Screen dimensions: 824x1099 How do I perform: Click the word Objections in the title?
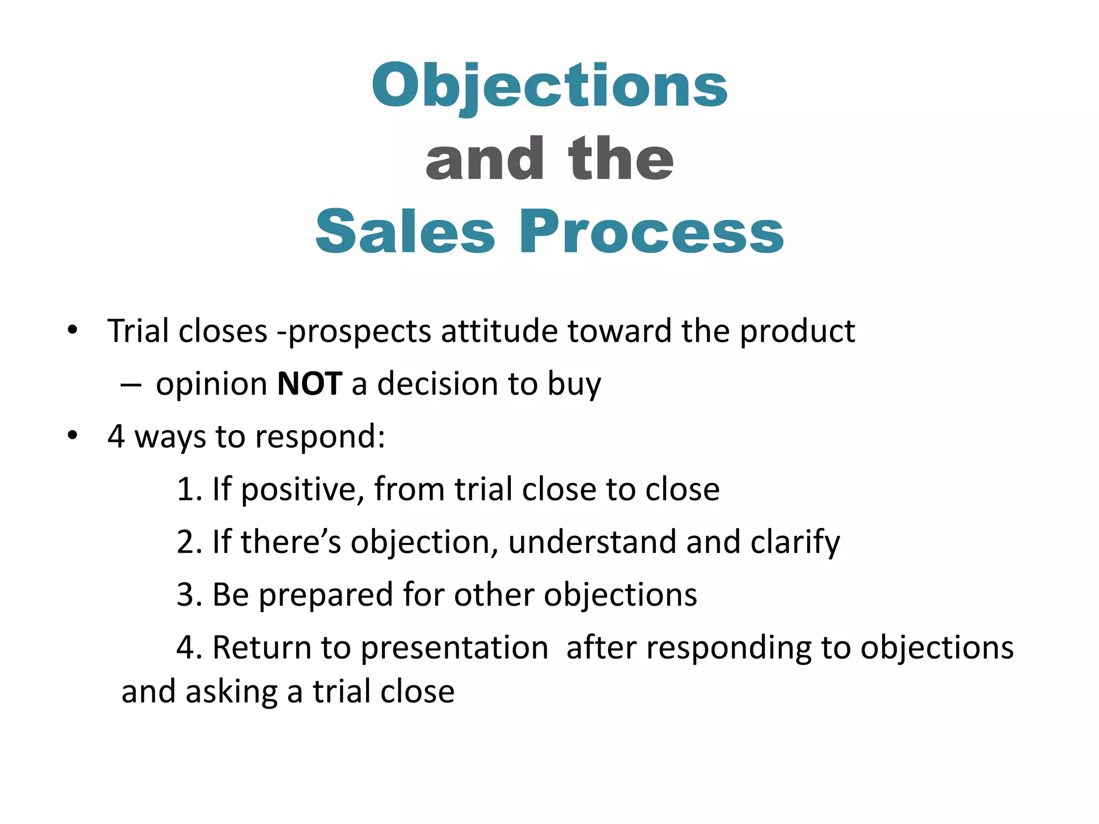[549, 86]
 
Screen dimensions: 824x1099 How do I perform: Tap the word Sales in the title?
[405, 232]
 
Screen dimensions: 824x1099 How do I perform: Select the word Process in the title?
[651, 232]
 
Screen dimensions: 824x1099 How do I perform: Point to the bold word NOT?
[310, 384]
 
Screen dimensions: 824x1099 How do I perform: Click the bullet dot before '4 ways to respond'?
[72, 436]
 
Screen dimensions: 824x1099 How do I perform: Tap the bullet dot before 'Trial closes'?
[72, 329]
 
